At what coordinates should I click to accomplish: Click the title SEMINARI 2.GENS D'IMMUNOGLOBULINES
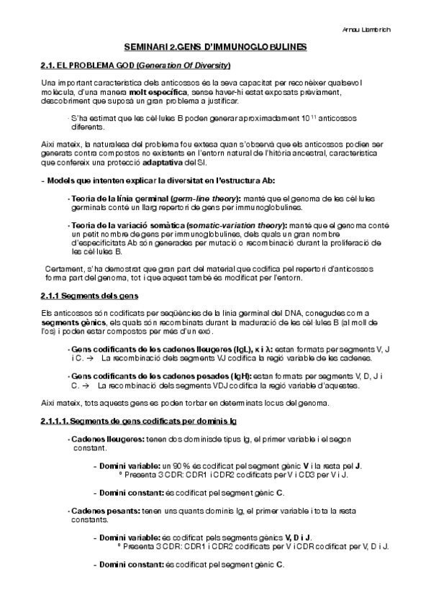215,47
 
